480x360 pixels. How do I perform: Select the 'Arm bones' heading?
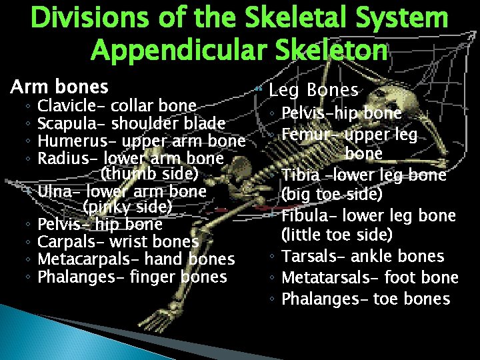coord(59,87)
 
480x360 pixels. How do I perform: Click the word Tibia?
coord(300,175)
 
